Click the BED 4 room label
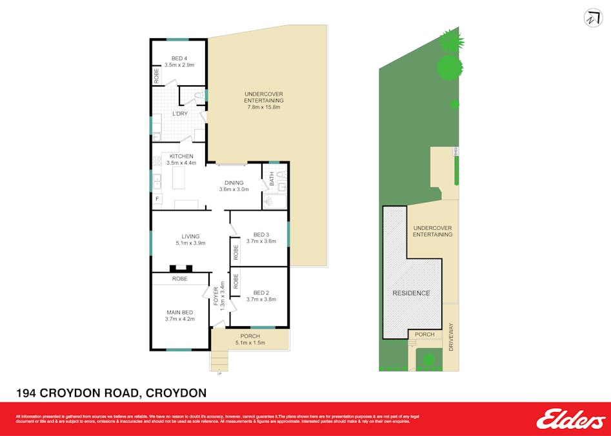(179, 61)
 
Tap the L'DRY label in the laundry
(179, 114)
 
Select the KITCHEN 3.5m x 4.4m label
(181, 160)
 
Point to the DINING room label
(234, 186)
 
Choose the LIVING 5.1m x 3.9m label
(190, 240)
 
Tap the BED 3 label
(261, 238)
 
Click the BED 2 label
(261, 295)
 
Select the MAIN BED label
(179, 315)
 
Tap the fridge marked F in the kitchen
(157, 199)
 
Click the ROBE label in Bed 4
(157, 76)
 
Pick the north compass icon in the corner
(592, 18)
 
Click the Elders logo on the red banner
(570, 419)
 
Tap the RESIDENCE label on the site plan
(411, 293)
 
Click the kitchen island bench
(178, 178)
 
